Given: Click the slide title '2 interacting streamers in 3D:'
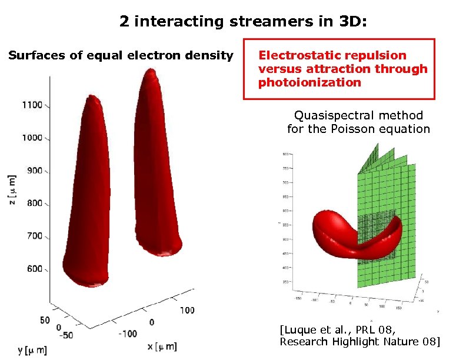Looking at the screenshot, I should [x=243, y=22].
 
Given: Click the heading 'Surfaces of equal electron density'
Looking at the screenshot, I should [x=121, y=56].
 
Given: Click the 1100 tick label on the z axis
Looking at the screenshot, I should [x=32, y=105].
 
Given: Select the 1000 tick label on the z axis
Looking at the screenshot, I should [x=32, y=138].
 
